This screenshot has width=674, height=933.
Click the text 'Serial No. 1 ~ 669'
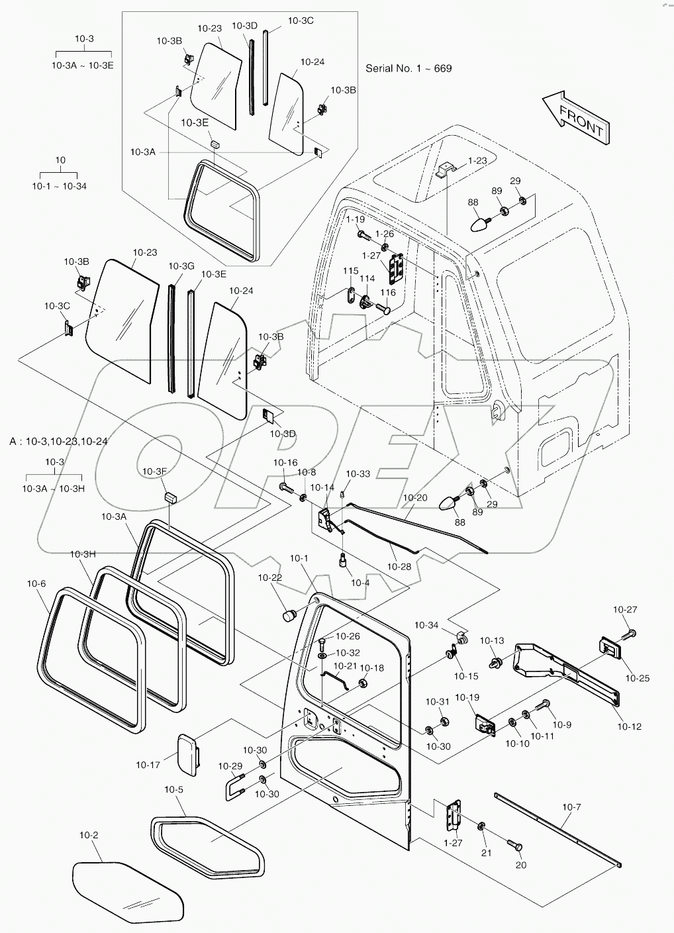point(409,68)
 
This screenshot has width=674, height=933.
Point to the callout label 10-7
point(571,807)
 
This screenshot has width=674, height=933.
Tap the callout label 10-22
point(271,578)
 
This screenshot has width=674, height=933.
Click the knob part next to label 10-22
point(289,616)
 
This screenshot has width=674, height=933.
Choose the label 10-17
point(148,765)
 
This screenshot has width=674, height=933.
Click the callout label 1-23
point(477,160)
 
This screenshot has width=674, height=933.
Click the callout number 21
point(486,853)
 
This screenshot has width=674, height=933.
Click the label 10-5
point(174,789)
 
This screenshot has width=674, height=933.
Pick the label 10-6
point(36,583)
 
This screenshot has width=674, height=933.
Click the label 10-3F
point(152,471)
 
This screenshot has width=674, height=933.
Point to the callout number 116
point(387,293)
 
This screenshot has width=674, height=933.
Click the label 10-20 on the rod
point(414,497)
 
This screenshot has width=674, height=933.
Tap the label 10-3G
point(181,266)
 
